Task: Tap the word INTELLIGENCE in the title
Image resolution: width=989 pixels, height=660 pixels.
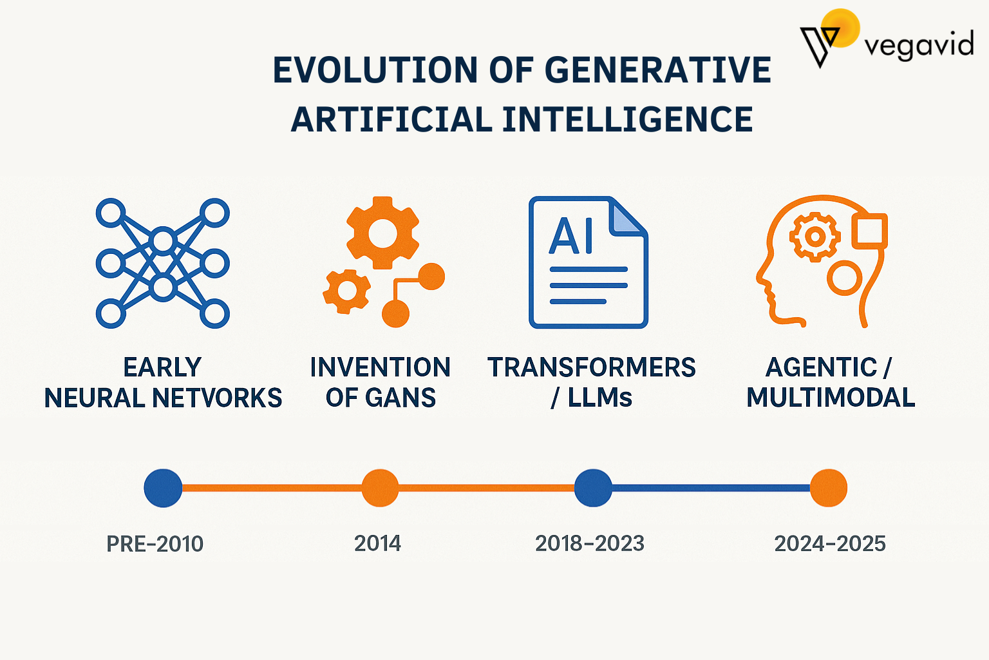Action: click(627, 119)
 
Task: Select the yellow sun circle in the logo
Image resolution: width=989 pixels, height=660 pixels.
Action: click(840, 28)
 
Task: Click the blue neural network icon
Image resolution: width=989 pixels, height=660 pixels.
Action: click(162, 264)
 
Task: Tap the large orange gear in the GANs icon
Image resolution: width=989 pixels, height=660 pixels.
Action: click(382, 233)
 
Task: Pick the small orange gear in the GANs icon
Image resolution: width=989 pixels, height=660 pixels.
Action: click(346, 291)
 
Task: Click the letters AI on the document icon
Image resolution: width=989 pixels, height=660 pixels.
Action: click(571, 236)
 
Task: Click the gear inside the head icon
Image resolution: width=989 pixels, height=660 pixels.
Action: click(815, 237)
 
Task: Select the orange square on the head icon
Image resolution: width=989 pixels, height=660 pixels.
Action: click(869, 231)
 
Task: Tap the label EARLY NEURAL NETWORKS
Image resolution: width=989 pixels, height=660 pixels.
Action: click(163, 382)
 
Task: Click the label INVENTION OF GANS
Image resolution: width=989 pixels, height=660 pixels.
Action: click(380, 382)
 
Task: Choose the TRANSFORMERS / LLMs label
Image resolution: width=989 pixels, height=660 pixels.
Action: click(592, 382)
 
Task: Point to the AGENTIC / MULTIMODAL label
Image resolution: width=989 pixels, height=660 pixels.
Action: click(831, 382)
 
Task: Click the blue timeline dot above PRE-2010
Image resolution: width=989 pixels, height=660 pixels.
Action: click(163, 488)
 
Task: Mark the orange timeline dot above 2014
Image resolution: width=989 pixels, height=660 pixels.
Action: click(380, 488)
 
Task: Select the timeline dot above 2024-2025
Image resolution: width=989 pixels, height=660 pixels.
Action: click(829, 488)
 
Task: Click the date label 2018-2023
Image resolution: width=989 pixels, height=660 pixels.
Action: click(590, 544)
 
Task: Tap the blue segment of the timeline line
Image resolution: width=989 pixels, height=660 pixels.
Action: click(711, 488)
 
